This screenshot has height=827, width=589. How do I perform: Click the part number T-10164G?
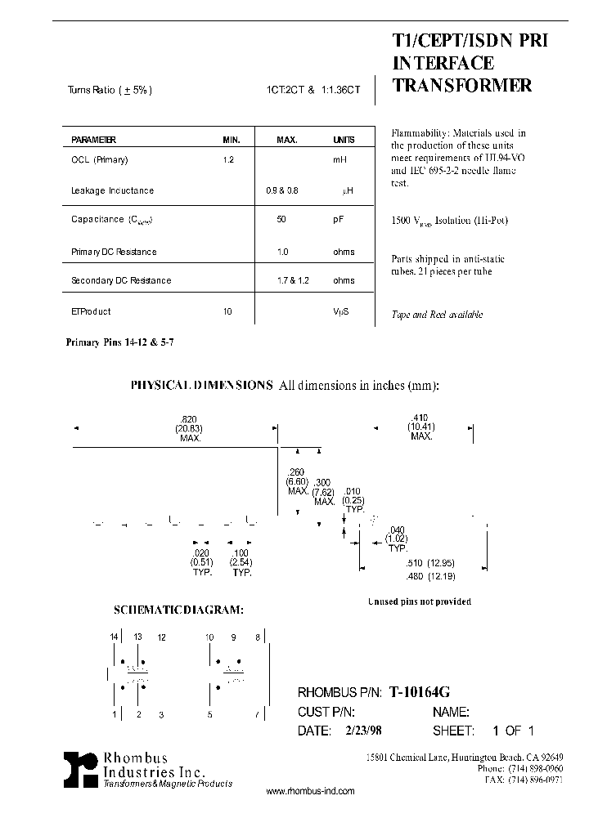tap(419, 692)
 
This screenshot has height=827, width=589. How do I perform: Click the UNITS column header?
tap(344, 140)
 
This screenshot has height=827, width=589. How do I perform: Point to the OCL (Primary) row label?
tap(100, 160)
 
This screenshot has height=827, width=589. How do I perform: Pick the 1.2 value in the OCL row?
tap(228, 160)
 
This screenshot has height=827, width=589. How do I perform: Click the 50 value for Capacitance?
tap(283, 220)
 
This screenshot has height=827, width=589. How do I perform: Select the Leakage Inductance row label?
tap(113, 190)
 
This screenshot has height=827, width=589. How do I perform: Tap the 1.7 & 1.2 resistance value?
tap(293, 280)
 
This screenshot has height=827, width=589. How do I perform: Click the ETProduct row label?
tap(91, 311)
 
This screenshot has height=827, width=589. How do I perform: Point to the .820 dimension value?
tap(189, 418)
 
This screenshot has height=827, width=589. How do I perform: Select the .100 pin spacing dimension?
tap(241, 553)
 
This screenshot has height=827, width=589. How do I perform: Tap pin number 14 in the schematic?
tap(114, 637)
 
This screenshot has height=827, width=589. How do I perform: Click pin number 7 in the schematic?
tap(257, 715)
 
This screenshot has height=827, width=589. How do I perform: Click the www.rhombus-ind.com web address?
tap(311, 791)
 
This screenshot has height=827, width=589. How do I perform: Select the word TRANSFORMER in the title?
tap(462, 86)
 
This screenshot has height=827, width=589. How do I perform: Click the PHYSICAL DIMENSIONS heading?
tap(202, 385)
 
